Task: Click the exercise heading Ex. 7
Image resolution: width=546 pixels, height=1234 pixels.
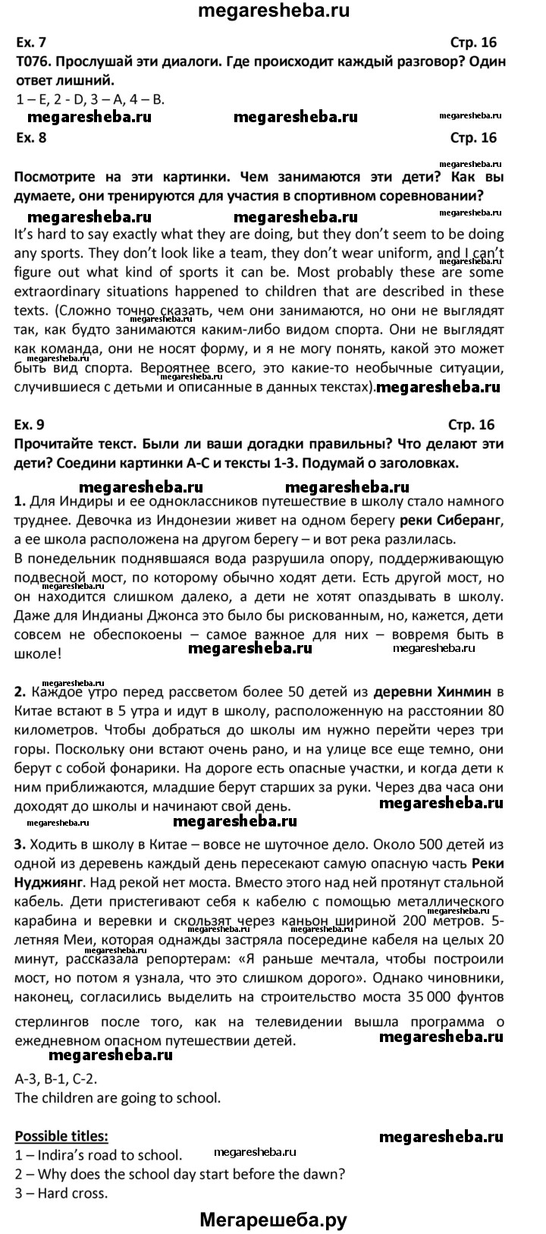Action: (30, 43)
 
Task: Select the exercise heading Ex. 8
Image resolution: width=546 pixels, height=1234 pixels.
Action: (30, 137)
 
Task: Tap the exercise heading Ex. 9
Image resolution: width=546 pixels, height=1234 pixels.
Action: (30, 424)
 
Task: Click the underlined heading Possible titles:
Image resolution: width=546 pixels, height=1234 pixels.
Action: (61, 1136)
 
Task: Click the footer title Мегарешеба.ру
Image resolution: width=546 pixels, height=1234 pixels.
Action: (273, 1219)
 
